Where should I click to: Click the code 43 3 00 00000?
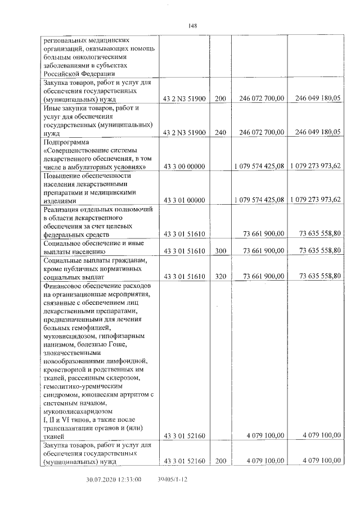[185, 167]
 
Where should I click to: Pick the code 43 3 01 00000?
[185, 200]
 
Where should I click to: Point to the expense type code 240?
[220, 132]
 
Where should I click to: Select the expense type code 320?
[220, 276]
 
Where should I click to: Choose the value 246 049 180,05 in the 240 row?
[314, 132]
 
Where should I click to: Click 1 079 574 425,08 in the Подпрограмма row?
[259, 167]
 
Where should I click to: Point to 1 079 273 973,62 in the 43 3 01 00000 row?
[314, 200]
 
